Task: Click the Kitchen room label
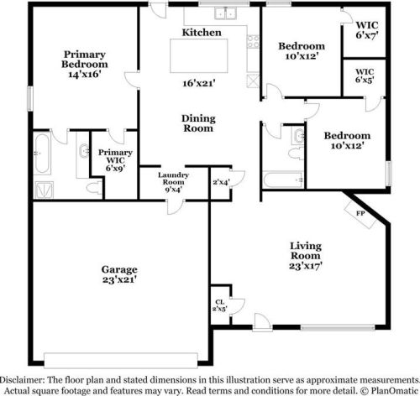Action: point(202,32)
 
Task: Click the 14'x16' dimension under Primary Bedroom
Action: point(84,75)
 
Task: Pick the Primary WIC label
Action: point(113,159)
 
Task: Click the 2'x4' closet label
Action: point(221,182)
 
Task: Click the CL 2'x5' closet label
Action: point(218,305)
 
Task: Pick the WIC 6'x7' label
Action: point(365,30)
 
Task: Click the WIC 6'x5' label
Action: point(365,76)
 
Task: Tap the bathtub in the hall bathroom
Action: point(277,180)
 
